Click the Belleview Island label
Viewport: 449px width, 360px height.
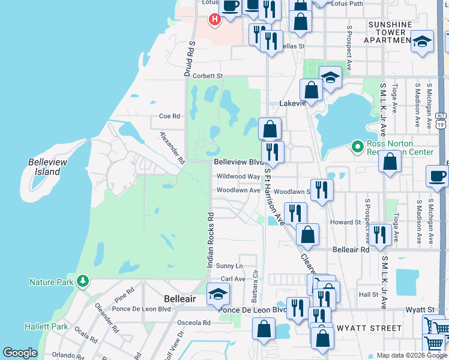[44, 167]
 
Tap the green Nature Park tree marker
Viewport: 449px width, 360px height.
[83, 281]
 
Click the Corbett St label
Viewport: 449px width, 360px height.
[208, 76]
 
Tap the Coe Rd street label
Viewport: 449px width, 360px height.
[169, 116]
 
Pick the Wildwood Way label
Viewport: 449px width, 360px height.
[238, 176]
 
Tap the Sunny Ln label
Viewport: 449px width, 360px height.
[229, 266]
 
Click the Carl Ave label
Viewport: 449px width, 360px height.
[233, 279]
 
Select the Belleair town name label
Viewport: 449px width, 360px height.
[180, 298]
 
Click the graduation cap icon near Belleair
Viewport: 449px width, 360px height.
[217, 293]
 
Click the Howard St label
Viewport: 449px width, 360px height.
[345, 222]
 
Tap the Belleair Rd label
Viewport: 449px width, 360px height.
[351, 249]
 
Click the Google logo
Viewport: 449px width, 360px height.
[20, 353]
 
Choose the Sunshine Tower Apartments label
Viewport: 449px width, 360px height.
[390, 32]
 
